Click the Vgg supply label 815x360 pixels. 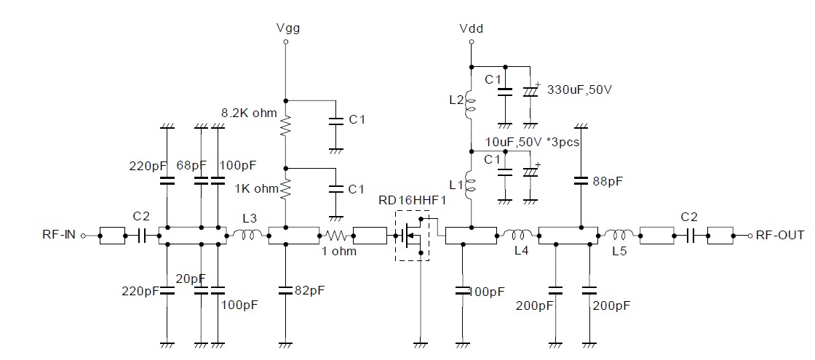pos(288,28)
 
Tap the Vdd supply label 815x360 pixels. pos(472,28)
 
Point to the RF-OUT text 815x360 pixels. pos(779,235)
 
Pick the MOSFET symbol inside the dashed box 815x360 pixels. pos(411,235)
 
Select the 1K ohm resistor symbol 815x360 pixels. pos(286,190)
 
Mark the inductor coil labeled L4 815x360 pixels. pos(518,234)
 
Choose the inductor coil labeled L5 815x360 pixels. pos(619,234)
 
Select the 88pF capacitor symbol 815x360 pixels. pos(580,180)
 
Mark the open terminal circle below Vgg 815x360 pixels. pos(286,43)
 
